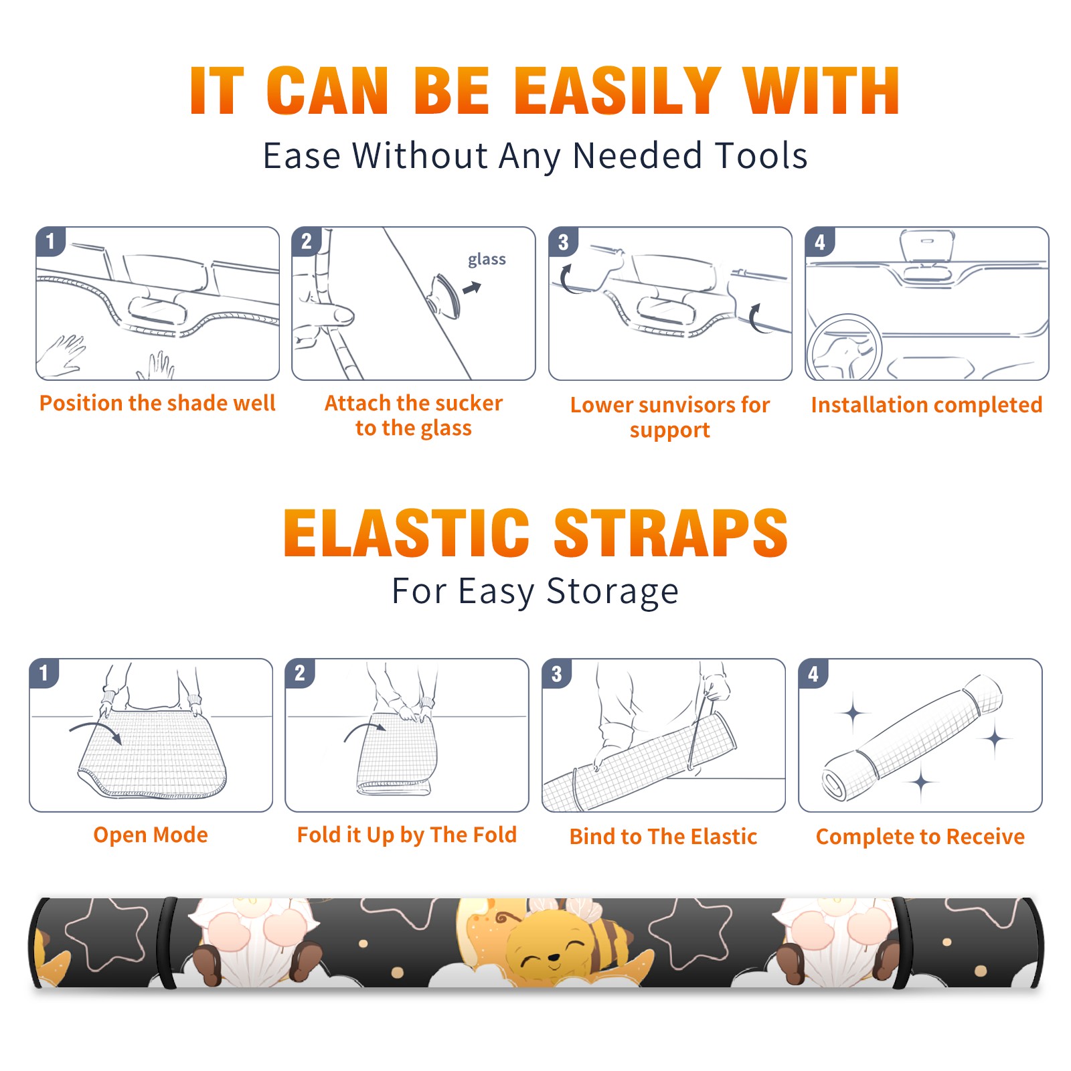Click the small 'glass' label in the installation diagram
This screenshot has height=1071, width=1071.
[x=487, y=259]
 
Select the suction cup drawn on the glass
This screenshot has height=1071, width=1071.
[x=444, y=295]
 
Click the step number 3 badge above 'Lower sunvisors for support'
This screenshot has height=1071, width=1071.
[x=563, y=242]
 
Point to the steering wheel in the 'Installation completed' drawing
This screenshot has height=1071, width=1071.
[x=845, y=347]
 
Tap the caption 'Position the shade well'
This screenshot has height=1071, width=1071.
[x=157, y=403]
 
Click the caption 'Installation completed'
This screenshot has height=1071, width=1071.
[x=926, y=404]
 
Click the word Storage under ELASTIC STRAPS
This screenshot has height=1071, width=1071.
[x=612, y=592]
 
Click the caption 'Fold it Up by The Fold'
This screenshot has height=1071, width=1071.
[x=407, y=835]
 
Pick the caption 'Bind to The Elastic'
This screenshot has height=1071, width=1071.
[x=663, y=837]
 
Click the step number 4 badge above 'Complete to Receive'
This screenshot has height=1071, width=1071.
[x=813, y=674]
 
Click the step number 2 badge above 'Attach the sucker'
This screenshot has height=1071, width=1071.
[x=307, y=242]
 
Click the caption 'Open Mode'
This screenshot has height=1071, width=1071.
[x=151, y=835]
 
